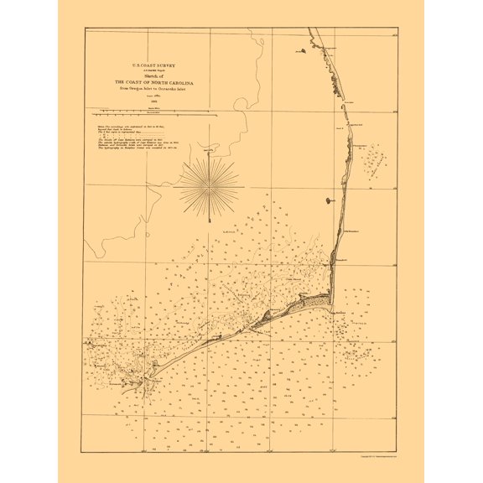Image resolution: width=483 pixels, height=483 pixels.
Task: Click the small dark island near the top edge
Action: [298, 51]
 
